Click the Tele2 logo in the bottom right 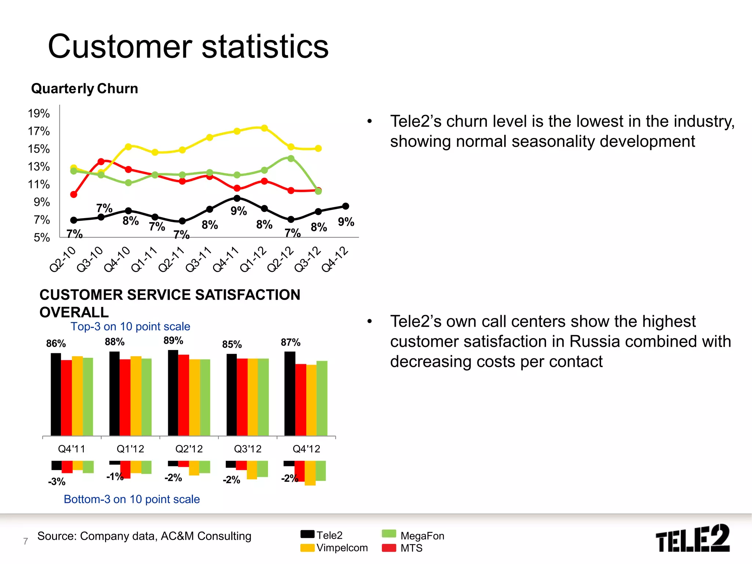(x=693, y=539)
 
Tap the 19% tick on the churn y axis (x=39, y=113)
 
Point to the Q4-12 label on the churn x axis (x=335, y=259)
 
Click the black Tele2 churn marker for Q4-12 (x=346, y=206)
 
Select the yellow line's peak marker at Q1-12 (x=264, y=128)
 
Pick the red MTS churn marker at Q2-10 (x=74, y=194)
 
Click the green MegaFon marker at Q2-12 (x=291, y=159)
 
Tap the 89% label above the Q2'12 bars (x=173, y=340)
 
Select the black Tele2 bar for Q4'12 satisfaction (x=290, y=393)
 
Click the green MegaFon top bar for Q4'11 (x=88, y=397)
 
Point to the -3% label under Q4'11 (x=57, y=481)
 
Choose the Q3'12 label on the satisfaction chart (x=247, y=449)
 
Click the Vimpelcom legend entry (x=334, y=548)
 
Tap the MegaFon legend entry (x=413, y=536)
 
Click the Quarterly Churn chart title (x=84, y=89)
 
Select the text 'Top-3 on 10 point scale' (x=130, y=326)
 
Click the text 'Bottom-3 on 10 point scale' (x=132, y=499)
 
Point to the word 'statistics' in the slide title (x=265, y=47)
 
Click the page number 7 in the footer (x=25, y=541)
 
